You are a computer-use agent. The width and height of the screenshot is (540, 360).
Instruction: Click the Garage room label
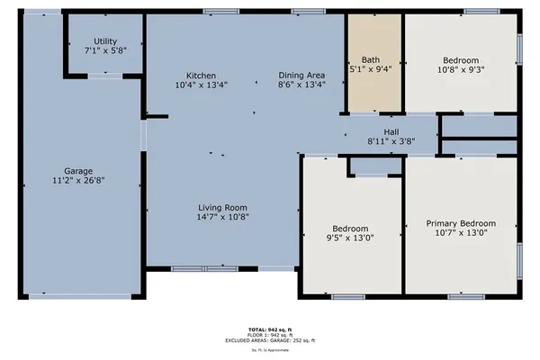click(78, 170)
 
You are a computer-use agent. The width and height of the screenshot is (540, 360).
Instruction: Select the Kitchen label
click(202, 75)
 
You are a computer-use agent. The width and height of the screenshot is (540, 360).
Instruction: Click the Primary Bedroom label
click(461, 223)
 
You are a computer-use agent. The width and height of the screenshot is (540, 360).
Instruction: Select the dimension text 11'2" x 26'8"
click(78, 180)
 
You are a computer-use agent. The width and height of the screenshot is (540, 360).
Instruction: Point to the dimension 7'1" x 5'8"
click(105, 51)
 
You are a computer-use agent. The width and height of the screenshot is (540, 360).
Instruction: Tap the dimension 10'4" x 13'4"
click(202, 85)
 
